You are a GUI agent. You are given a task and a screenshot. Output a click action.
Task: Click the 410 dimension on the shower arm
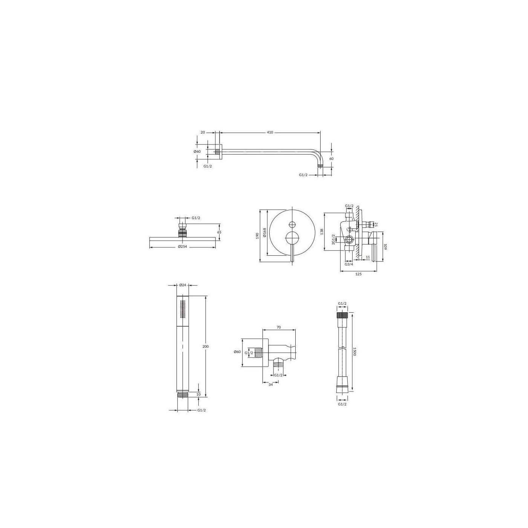(270, 132)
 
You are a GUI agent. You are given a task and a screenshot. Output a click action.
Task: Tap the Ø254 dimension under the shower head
(182, 247)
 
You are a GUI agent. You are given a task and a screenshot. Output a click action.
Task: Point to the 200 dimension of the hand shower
(206, 346)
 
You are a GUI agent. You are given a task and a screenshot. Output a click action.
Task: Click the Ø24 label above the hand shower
(183, 285)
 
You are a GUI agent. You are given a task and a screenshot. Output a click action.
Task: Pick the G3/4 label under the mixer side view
(349, 264)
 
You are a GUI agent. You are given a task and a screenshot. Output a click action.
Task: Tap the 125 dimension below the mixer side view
(358, 274)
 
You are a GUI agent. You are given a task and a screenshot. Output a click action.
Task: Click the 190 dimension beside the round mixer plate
(257, 236)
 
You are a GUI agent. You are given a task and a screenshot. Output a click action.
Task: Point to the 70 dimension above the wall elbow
(279, 327)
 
